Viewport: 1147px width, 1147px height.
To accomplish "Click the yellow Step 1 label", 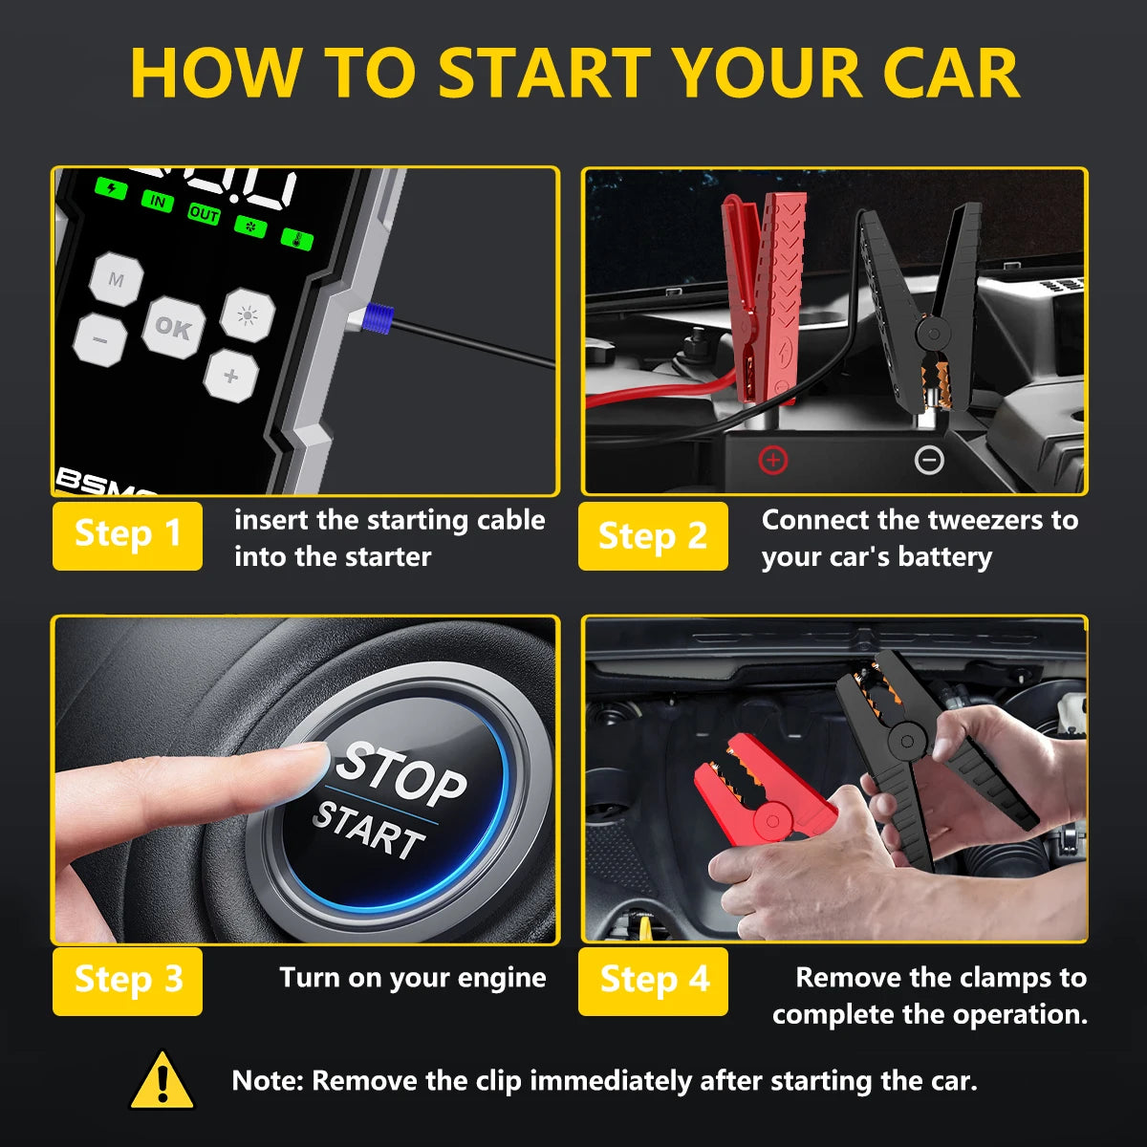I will coord(127,535).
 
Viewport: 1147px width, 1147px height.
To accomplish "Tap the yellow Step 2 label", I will coord(653,535).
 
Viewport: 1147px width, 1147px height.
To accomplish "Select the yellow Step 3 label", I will coord(127,981).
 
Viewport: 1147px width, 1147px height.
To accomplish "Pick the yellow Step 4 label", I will coord(653,981).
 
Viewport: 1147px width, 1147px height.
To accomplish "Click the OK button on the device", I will coord(173,328).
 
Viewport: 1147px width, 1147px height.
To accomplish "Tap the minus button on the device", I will coord(99,339).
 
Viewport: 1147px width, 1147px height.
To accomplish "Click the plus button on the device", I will coord(230,376).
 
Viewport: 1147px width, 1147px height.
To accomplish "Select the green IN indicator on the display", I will coord(157,201).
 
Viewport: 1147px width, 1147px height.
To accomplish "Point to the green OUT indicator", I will coord(204,214).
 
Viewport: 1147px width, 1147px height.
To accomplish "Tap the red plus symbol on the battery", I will coord(772,461).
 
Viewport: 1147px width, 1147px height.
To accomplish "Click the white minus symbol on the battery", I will coord(929,461).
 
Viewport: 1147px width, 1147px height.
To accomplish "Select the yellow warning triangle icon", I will coord(162,1081).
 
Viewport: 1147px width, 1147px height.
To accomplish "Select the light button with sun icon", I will coord(248,314).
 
